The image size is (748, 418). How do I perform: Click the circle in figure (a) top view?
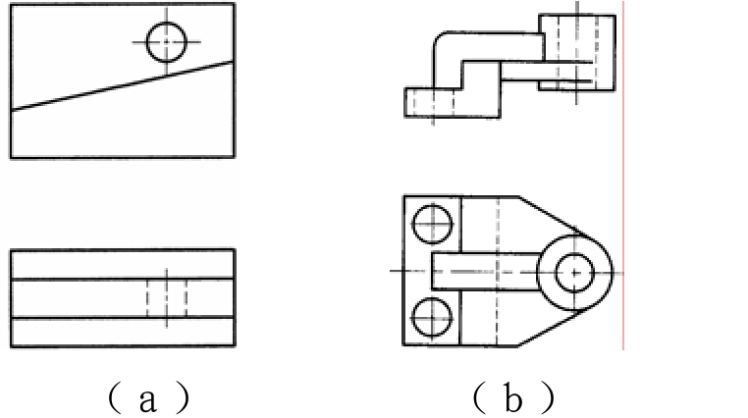pyautogui.click(x=166, y=23)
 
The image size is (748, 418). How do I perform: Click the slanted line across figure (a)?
pyautogui.click(x=122, y=85)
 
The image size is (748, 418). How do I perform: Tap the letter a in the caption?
pyautogui.click(x=148, y=400)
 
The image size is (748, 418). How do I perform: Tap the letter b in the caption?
pyautogui.click(x=512, y=398)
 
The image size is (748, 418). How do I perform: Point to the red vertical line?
pyautogui.click(x=623, y=176)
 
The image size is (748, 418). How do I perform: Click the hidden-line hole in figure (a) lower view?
pyautogui.click(x=167, y=298)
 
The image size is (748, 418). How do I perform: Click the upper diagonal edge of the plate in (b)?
pyautogui.click(x=554, y=217)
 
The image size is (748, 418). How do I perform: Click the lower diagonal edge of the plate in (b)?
pyautogui.click(x=554, y=327)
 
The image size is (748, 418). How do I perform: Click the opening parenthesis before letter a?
pyautogui.click(x=114, y=398)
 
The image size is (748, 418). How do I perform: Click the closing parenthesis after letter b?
pyautogui.click(x=549, y=398)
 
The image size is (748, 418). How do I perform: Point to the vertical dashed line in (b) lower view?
pyautogui.click(x=498, y=270)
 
